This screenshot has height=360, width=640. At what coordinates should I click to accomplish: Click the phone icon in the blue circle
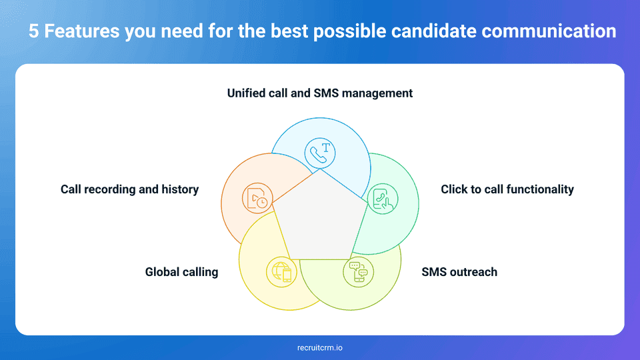pyautogui.click(x=320, y=152)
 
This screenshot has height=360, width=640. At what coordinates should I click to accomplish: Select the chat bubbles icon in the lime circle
pyautogui.click(x=359, y=271)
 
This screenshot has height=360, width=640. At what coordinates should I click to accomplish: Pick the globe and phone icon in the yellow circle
pyautogui.click(x=281, y=271)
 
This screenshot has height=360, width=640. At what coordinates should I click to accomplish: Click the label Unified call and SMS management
pyautogui.click(x=320, y=93)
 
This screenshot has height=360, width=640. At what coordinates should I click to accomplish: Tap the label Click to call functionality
pyautogui.click(x=507, y=189)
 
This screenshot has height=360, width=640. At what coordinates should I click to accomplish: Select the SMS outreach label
pyautogui.click(x=459, y=272)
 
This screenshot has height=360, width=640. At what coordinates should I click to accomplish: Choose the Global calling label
pyautogui.click(x=181, y=272)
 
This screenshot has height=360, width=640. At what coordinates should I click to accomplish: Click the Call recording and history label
pyautogui.click(x=129, y=189)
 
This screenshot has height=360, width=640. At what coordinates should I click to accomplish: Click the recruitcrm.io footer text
pyautogui.click(x=320, y=347)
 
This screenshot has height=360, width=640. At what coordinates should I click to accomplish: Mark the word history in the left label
pyautogui.click(x=180, y=189)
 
